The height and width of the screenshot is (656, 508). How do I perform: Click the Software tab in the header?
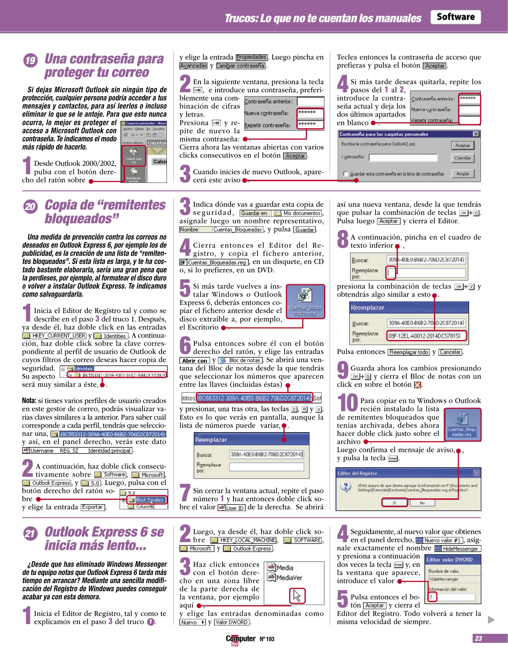[455, 17]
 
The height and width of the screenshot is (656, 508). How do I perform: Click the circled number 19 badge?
[30, 60]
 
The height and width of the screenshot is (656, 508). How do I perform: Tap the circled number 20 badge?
[30, 207]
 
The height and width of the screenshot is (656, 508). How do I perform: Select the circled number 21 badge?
[30, 534]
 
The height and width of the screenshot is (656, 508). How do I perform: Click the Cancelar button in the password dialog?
[462, 158]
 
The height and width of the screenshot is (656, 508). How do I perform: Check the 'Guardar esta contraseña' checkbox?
[345, 174]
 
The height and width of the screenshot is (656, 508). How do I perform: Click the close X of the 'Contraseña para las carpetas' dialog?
[476, 134]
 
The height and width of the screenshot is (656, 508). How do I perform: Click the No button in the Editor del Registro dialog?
[422, 503]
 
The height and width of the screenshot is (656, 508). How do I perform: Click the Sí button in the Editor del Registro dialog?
[394, 503]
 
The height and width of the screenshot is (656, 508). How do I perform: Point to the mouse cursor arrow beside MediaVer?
[297, 596]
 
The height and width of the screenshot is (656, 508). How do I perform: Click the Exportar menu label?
[93, 507]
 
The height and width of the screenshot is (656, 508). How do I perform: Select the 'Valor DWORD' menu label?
[232, 622]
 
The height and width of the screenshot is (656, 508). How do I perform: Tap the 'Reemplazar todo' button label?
[409, 352]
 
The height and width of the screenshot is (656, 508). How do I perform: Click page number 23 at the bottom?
[478, 638]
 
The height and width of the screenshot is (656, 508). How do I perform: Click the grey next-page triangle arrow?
[491, 620]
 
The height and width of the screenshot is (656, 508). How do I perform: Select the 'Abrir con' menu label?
[194, 360]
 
